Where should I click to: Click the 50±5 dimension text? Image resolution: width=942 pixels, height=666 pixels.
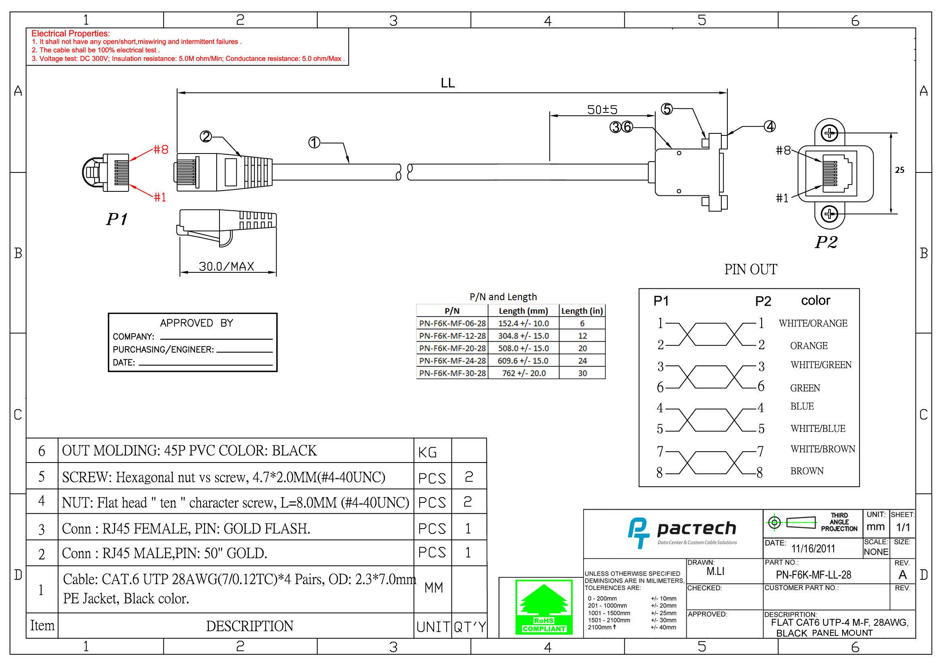click(x=602, y=110)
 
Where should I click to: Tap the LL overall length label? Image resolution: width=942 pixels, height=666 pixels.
click(x=447, y=83)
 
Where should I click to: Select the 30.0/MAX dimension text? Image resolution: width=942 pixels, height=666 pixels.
click(x=226, y=266)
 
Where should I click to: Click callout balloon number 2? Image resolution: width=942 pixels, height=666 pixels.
click(x=205, y=136)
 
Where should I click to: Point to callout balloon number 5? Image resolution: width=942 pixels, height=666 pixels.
click(x=667, y=109)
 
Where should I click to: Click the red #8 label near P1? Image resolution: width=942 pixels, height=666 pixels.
click(x=161, y=149)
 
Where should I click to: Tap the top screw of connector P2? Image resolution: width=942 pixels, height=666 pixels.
click(x=829, y=133)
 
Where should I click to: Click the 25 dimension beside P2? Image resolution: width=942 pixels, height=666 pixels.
click(x=899, y=170)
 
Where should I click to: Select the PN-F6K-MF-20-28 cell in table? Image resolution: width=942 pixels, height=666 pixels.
click(x=452, y=349)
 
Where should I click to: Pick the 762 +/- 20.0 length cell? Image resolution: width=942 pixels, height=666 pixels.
click(x=524, y=373)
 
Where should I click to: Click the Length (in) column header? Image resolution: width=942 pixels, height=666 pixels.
click(x=582, y=311)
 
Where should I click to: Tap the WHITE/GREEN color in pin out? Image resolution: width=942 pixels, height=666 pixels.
click(x=820, y=365)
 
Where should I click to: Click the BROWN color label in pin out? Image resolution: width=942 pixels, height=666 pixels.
click(x=807, y=471)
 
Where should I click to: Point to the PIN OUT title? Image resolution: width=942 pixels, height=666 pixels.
click(x=750, y=270)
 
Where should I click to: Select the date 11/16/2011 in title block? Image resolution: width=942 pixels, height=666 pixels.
click(x=813, y=549)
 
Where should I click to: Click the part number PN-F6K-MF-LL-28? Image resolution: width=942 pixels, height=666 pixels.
click(x=813, y=575)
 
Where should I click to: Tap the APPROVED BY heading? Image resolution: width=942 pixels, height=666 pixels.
click(x=196, y=323)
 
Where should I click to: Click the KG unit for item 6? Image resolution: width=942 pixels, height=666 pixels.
click(x=428, y=452)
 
